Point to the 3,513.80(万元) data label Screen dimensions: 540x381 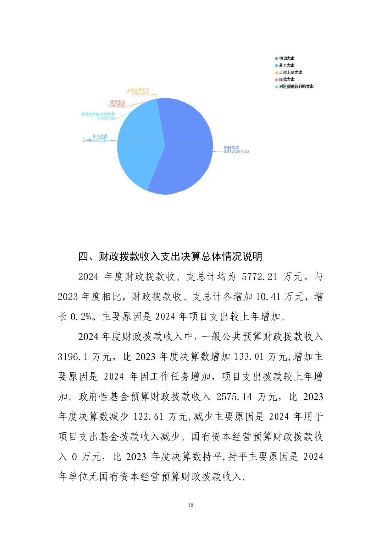[236, 152]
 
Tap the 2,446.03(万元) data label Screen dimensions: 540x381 [95, 140]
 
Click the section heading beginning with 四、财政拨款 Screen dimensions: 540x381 [170, 256]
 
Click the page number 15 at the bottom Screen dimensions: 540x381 [190, 505]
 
